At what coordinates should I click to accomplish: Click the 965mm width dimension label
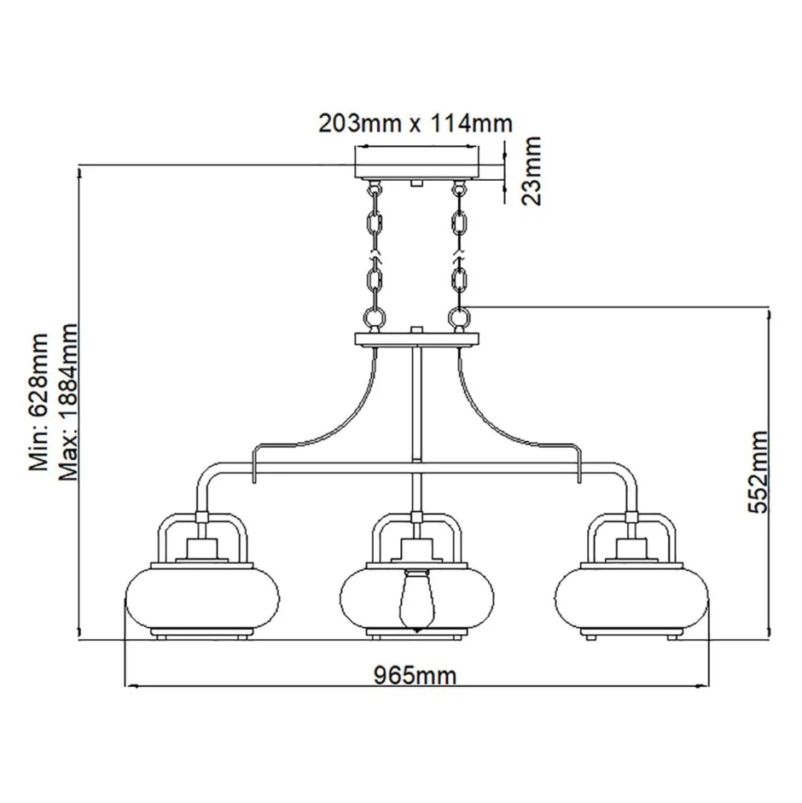click(x=416, y=676)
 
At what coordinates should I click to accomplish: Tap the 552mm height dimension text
click(x=757, y=471)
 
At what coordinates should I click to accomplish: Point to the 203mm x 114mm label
click(x=416, y=123)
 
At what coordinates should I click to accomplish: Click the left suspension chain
click(x=374, y=256)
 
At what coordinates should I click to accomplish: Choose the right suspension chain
click(x=460, y=256)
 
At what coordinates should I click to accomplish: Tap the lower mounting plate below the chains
click(x=416, y=339)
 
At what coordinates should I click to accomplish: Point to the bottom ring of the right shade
click(x=632, y=635)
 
